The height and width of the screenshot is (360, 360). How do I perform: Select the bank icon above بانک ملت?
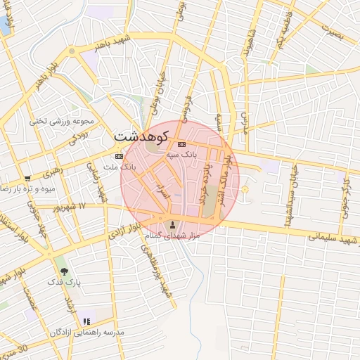119,156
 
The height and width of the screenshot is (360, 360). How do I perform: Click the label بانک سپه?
181,153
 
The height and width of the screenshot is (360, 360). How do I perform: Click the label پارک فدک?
65,281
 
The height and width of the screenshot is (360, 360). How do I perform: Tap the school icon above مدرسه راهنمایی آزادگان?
86,321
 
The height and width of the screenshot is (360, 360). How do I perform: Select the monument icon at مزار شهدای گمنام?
174,225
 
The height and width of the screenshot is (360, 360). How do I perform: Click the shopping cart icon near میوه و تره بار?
27,179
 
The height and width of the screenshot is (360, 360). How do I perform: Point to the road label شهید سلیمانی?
333,239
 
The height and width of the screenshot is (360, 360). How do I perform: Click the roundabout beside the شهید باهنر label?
72,51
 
